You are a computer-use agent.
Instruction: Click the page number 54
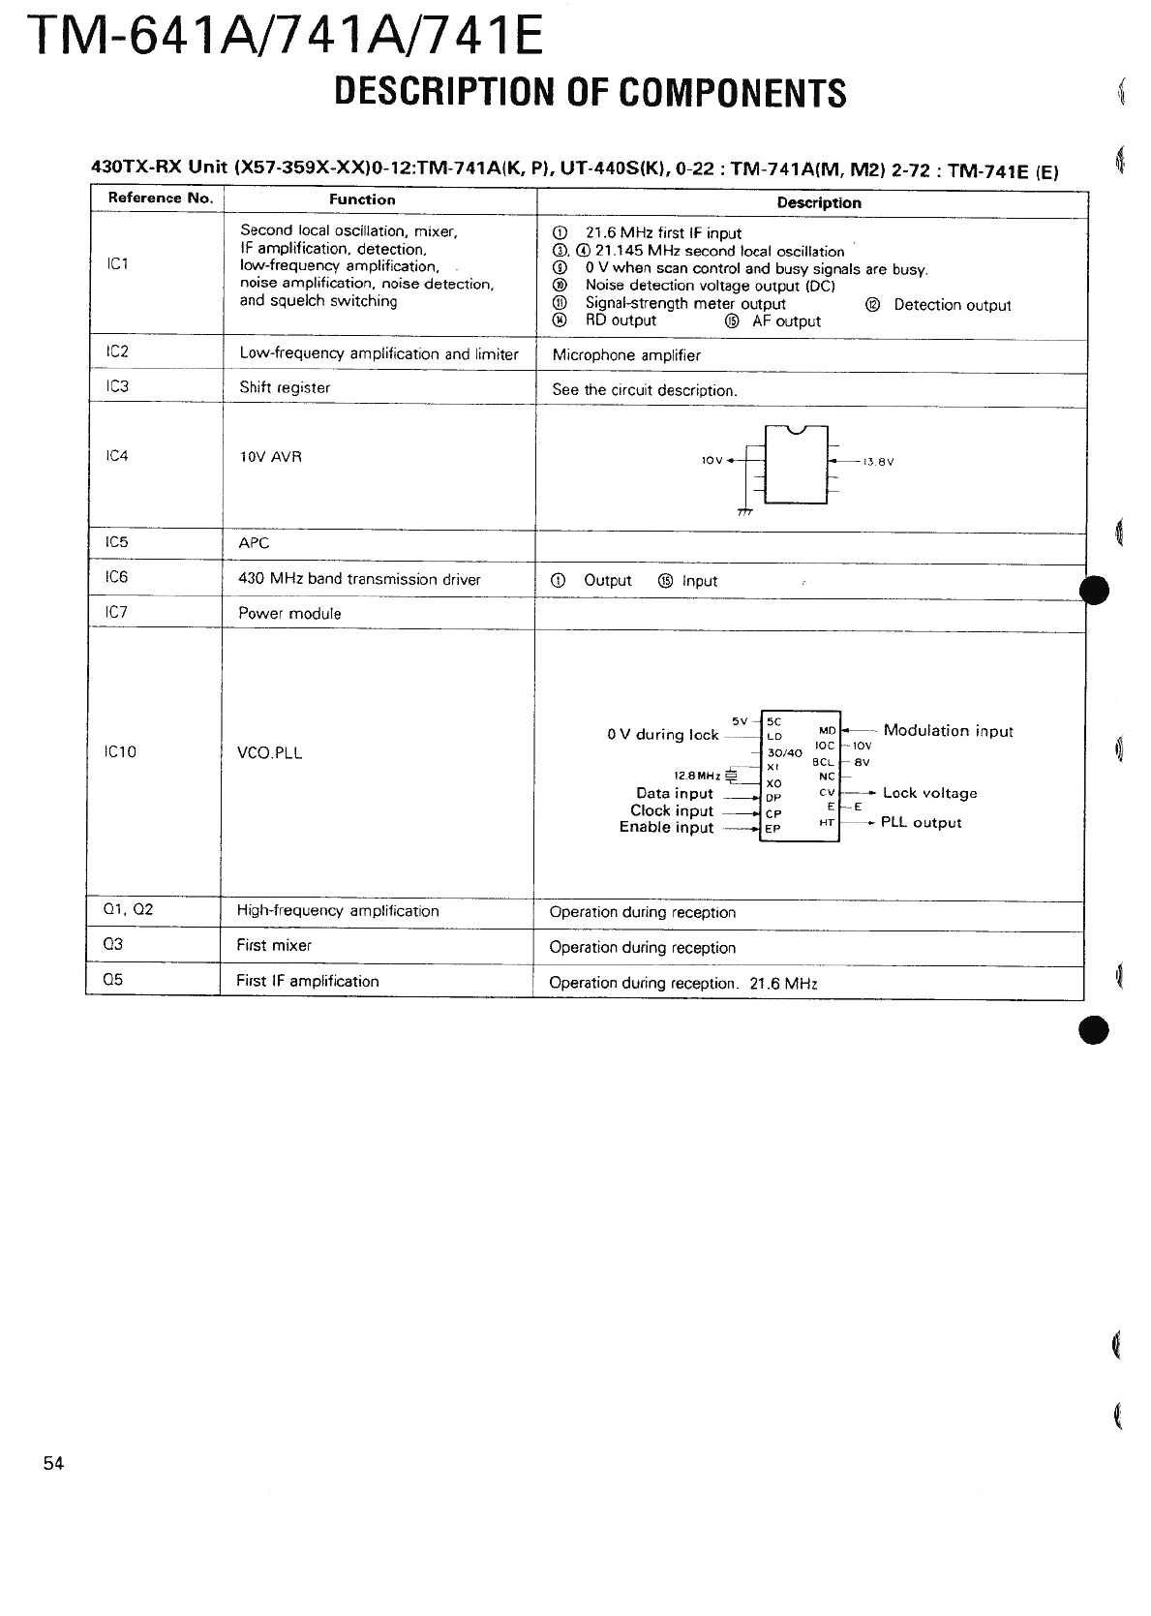(53, 1463)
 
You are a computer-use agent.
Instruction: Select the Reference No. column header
(159, 198)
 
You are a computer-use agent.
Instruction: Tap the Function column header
(362, 199)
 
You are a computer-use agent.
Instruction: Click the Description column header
(818, 202)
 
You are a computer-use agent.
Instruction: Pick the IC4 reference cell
(117, 456)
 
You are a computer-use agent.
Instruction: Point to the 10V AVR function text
(270, 457)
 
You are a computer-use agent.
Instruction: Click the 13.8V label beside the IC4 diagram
(878, 462)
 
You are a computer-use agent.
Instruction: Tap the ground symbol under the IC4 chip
(744, 511)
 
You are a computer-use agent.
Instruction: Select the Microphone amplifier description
(625, 355)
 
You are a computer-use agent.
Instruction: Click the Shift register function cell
(285, 387)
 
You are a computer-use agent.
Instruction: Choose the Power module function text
(289, 614)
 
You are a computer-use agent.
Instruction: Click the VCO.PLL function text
(269, 752)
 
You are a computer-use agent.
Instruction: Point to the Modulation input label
(948, 731)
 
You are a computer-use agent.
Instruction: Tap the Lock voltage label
(929, 793)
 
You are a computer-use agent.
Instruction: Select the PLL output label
(921, 823)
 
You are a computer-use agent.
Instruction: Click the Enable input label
(666, 828)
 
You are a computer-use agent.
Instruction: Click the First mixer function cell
(274, 945)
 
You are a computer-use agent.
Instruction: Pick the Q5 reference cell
(113, 980)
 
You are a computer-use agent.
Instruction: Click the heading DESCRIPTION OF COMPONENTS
(590, 93)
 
